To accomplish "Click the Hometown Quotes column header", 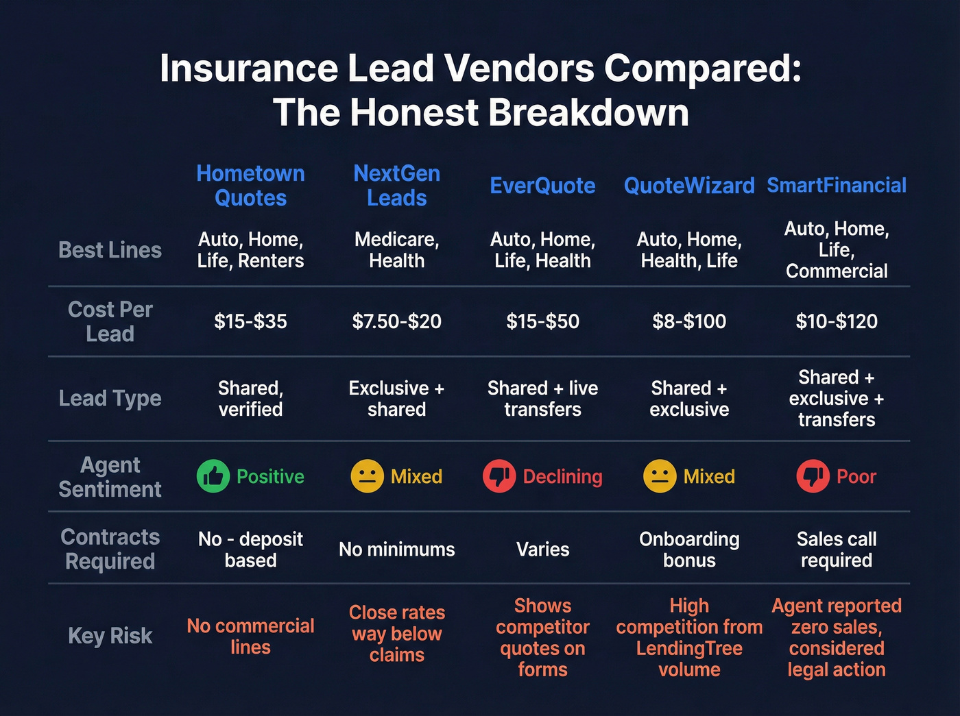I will (x=250, y=186).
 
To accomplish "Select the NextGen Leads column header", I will (x=396, y=186).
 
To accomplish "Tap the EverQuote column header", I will (x=542, y=186).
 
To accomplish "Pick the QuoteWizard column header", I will (x=689, y=186).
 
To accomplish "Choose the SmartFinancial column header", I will (x=837, y=186).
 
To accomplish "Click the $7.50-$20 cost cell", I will (x=396, y=321).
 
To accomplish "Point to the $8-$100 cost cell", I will (x=689, y=321).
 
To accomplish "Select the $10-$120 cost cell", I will (x=837, y=321).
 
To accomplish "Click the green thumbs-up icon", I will (x=213, y=476).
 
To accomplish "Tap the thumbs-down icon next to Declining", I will (x=499, y=476).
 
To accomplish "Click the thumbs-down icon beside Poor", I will (x=813, y=476).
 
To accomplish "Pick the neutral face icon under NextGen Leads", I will (x=367, y=476).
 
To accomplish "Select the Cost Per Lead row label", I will (x=110, y=321).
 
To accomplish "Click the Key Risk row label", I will (x=110, y=636).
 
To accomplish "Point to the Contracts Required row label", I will (x=110, y=549).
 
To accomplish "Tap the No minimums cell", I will (x=396, y=550).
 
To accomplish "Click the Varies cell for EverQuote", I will (x=542, y=550).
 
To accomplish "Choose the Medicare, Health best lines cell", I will (x=396, y=250).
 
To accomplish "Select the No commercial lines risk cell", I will (x=250, y=637).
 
